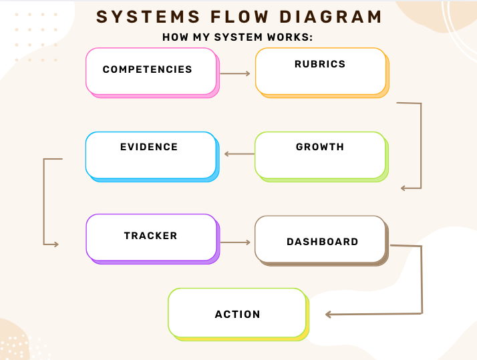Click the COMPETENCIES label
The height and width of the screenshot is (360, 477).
click(147, 69)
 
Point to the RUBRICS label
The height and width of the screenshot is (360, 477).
click(320, 64)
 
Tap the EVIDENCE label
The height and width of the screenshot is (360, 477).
click(149, 147)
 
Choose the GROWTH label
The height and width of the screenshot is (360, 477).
click(320, 147)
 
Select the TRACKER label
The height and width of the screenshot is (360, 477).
click(150, 236)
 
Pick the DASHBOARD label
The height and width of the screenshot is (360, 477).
click(323, 242)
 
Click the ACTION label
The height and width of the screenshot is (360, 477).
click(237, 315)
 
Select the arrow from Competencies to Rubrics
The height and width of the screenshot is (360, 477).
click(235, 73)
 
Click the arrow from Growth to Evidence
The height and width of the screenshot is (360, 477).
click(239, 154)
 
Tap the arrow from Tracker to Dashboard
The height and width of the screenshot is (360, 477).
click(235, 242)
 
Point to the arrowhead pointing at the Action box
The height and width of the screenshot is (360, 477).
click(328, 314)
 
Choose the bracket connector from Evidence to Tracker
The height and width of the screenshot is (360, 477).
click(44, 200)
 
